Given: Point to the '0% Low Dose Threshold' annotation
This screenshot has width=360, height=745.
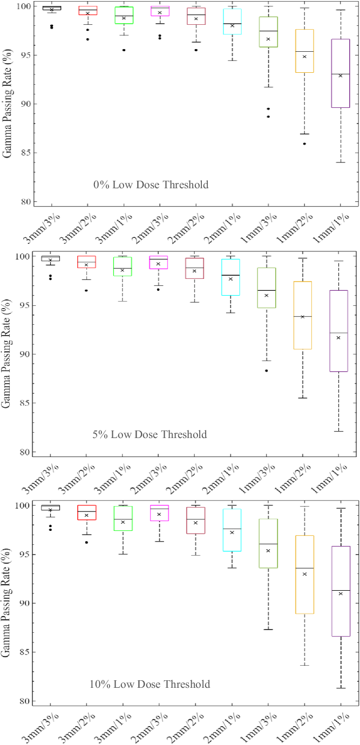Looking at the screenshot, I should coord(151,185).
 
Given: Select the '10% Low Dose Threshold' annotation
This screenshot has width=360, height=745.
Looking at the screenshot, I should coord(150,685).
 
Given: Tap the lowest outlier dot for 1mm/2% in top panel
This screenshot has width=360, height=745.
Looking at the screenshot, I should coord(304,143).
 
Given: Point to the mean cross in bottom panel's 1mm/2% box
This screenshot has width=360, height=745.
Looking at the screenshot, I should coord(304,574).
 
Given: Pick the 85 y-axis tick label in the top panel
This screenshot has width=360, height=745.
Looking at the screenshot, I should coord(24,153).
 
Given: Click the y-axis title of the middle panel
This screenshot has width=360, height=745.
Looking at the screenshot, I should coord(8,354).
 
